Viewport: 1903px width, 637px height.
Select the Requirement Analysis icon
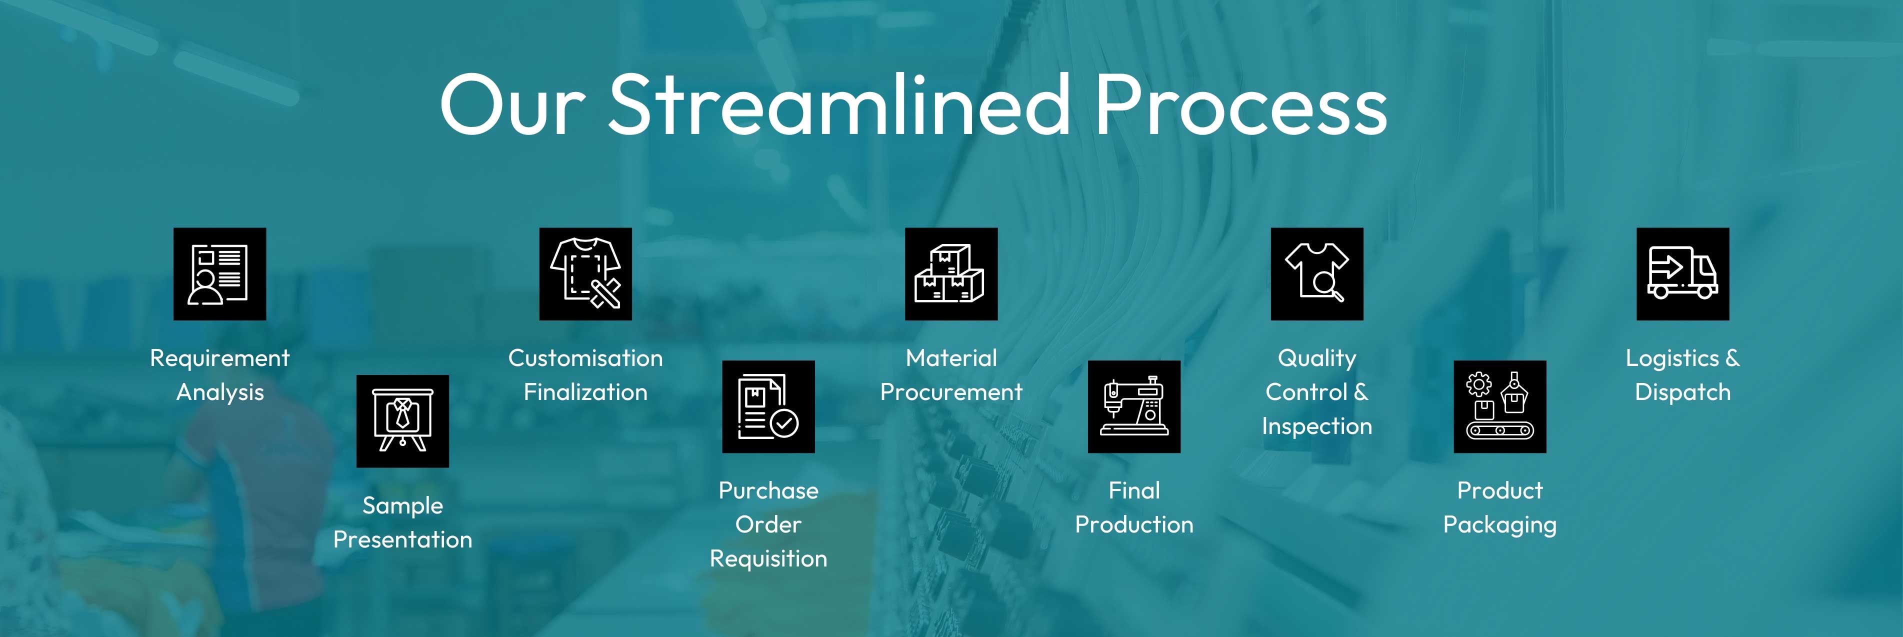click(x=219, y=274)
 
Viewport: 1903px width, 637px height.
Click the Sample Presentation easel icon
click(x=402, y=421)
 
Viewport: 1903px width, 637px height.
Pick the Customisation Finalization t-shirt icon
click(x=585, y=274)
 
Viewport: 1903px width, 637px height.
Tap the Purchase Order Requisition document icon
click(x=768, y=406)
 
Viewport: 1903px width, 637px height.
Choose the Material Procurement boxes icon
click(x=951, y=274)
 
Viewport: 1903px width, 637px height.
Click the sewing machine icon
click(x=1134, y=406)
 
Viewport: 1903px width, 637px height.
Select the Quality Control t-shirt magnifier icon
click(x=1317, y=274)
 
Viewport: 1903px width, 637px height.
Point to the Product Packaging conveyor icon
click(x=1499, y=406)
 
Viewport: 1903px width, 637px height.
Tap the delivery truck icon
click(x=1683, y=274)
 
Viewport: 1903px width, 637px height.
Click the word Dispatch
click(x=1683, y=392)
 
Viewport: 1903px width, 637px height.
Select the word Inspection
click(x=1317, y=426)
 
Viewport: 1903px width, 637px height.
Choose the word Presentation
click(x=402, y=539)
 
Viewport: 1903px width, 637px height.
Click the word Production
click(x=1134, y=524)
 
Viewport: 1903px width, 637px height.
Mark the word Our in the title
click(x=512, y=105)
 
